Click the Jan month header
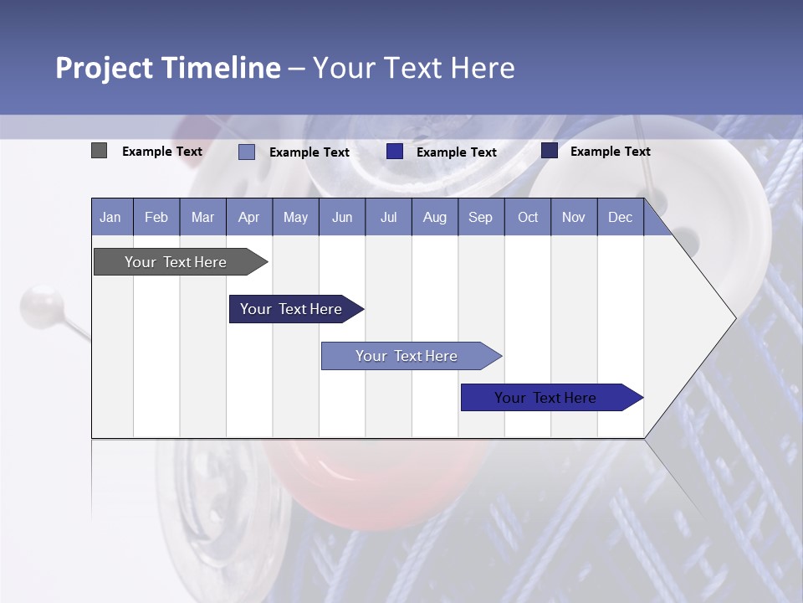110,218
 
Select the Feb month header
156,218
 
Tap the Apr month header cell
249,218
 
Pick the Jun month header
342,218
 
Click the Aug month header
435,218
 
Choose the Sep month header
481,218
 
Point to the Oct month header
528,218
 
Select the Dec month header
621,218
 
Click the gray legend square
99,151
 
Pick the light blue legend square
247,152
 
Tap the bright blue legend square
395,151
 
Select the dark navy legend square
550,150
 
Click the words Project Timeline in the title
168,68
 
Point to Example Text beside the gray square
162,152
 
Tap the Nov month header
574,218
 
